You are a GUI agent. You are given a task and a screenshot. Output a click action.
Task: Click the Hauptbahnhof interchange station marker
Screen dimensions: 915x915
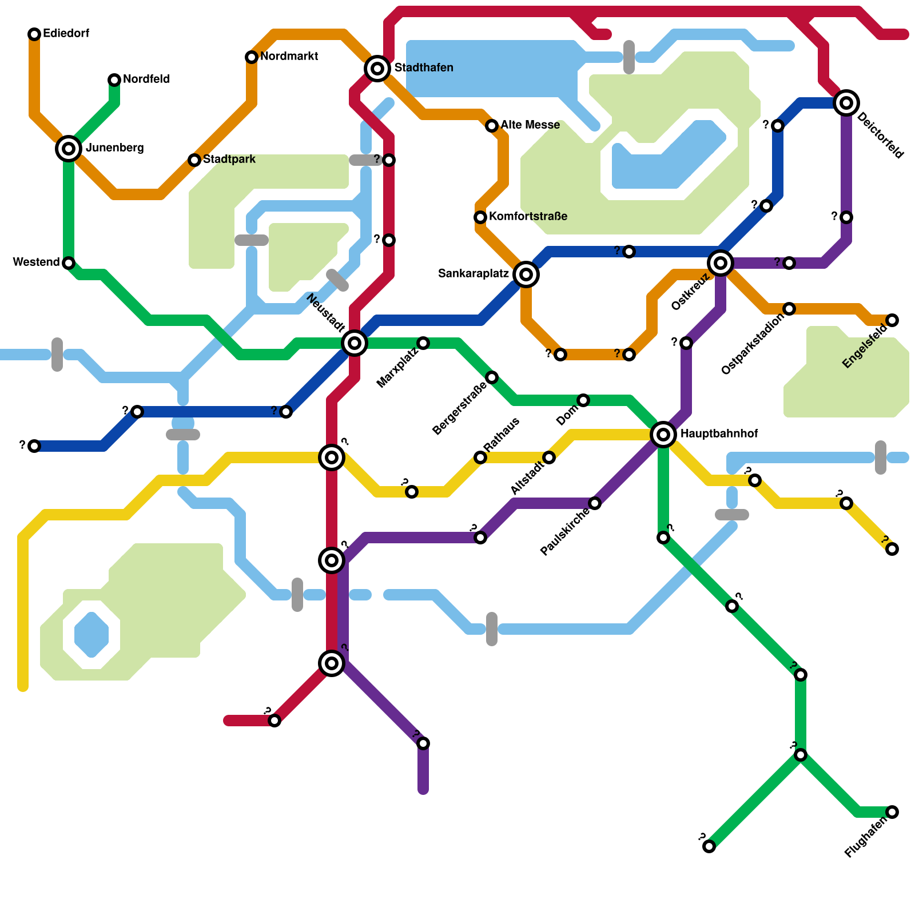(x=663, y=435)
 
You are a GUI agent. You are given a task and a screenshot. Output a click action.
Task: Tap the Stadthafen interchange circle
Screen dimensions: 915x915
(x=377, y=69)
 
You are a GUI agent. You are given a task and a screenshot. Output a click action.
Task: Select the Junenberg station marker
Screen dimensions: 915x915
(x=69, y=149)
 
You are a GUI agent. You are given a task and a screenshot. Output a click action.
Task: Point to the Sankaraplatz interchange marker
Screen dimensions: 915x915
(x=526, y=274)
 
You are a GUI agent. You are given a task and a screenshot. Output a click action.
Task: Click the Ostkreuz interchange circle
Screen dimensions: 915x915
(x=721, y=263)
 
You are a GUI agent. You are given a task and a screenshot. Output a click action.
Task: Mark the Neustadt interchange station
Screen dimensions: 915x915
(x=355, y=343)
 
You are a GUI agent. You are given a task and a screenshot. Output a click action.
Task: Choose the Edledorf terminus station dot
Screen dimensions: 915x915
(x=34, y=34)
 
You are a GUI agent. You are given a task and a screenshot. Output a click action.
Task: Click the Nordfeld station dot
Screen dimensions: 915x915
(x=114, y=80)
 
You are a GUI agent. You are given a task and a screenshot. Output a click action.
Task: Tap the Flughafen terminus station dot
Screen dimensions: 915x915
(x=892, y=812)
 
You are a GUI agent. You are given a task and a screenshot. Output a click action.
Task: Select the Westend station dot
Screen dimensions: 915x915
(x=69, y=263)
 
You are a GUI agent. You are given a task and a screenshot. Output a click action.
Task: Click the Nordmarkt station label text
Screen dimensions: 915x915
(x=289, y=57)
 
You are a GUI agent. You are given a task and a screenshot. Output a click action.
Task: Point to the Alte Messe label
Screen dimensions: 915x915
(x=530, y=125)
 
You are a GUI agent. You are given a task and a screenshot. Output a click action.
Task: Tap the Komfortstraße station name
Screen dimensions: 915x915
(x=528, y=217)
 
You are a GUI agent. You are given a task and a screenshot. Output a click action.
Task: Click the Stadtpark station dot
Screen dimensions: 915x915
(x=194, y=160)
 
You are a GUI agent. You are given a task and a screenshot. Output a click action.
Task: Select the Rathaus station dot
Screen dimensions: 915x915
(x=480, y=457)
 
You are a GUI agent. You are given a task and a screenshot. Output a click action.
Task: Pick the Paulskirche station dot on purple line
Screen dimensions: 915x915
(x=595, y=503)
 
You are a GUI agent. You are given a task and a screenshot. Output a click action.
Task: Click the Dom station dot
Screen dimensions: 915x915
(x=583, y=400)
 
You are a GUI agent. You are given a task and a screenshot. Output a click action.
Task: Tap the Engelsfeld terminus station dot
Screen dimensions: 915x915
(x=892, y=320)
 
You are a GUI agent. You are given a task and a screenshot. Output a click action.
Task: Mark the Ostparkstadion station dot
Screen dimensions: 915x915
(x=789, y=309)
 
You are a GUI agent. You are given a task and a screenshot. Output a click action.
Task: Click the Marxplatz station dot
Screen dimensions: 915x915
(x=423, y=343)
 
